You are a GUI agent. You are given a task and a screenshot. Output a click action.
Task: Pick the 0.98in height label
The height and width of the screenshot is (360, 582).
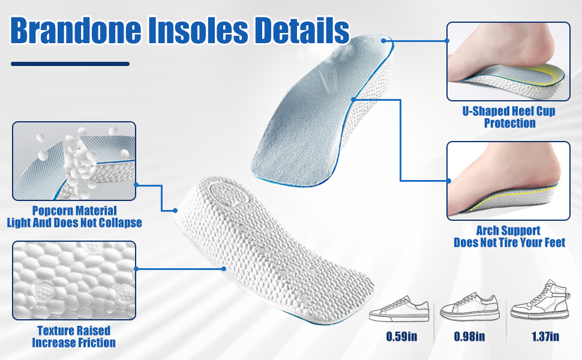470,336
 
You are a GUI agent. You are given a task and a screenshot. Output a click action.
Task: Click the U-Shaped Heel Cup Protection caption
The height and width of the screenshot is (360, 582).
509,118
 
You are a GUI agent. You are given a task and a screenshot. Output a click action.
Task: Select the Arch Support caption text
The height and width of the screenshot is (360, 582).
509,236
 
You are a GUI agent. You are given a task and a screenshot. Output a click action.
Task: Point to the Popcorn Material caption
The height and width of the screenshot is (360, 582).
74,217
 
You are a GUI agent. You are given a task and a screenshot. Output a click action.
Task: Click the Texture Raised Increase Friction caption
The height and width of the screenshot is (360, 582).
74,337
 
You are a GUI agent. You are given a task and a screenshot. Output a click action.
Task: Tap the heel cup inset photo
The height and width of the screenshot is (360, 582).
508,61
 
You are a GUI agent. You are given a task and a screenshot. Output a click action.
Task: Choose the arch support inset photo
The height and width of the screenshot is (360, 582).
508,181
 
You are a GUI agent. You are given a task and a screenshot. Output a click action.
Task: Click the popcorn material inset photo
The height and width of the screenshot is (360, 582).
74,161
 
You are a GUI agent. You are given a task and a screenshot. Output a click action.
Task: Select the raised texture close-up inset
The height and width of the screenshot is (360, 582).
74,280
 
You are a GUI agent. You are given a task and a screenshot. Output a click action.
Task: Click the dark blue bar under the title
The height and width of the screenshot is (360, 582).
70,64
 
